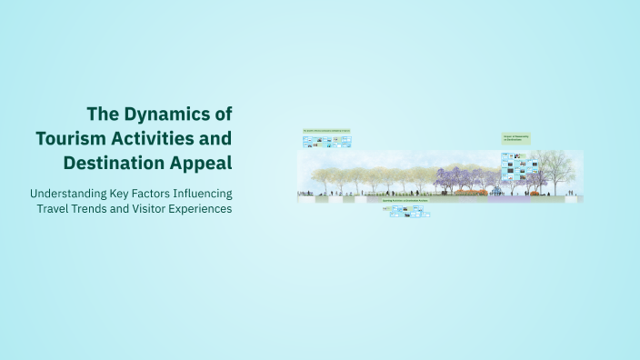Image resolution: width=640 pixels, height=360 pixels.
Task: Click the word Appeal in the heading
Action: [200, 164]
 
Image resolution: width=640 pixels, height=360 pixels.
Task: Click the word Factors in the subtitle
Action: [135, 194]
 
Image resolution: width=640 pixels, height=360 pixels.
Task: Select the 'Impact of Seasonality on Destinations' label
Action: [515, 139]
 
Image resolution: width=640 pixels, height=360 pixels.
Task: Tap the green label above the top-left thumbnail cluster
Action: [326, 132]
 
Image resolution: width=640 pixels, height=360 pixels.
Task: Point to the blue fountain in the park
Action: [497, 189]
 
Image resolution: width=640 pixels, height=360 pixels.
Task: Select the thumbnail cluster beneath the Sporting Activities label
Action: [405, 211]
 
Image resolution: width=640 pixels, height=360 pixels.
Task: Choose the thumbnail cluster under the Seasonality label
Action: [519, 166]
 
